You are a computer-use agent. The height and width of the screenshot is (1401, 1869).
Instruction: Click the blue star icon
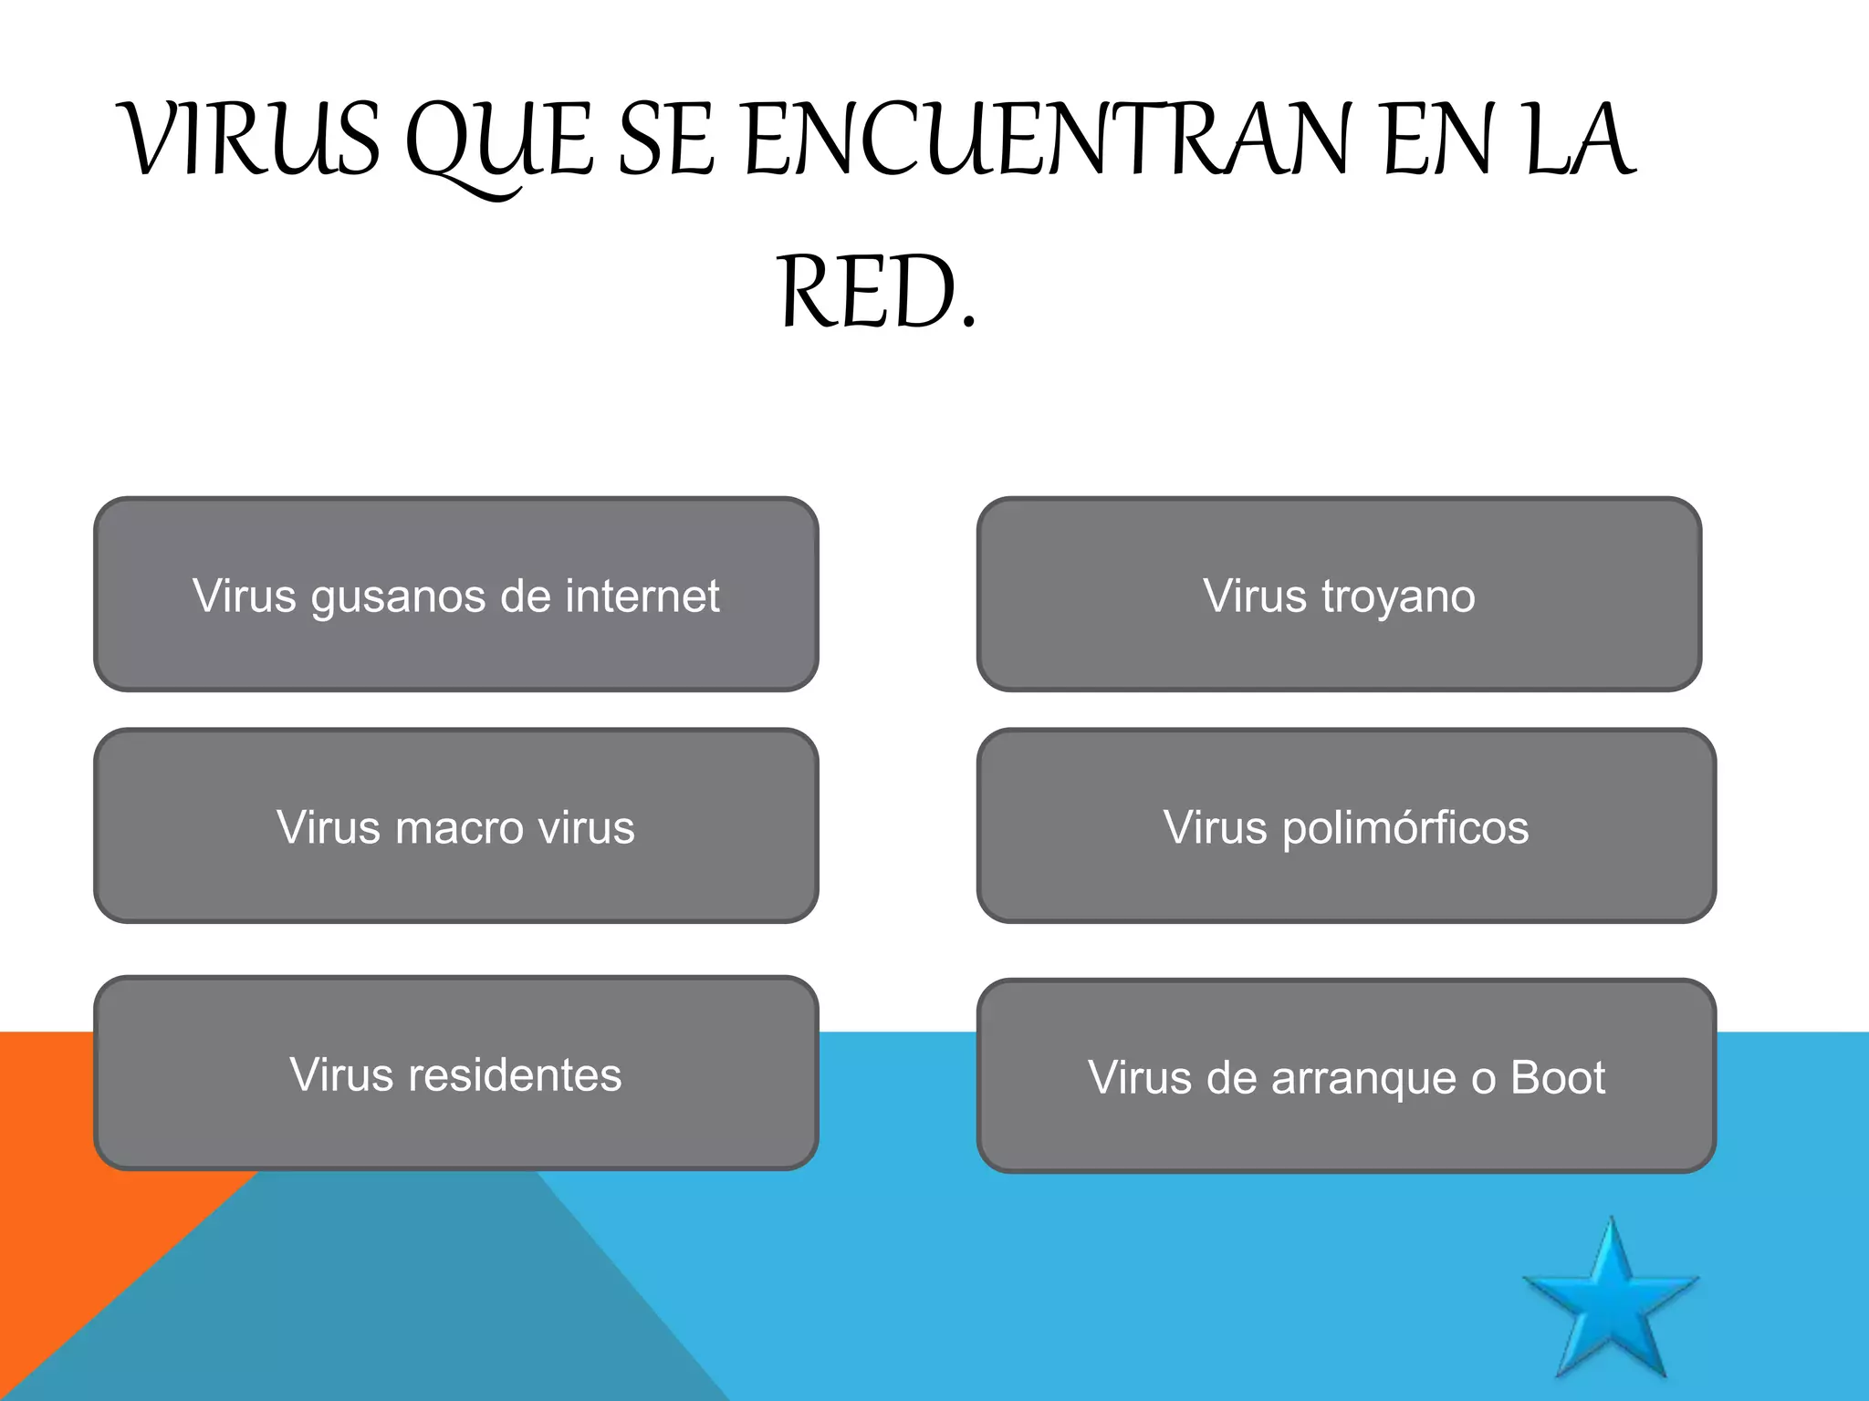(x=1612, y=1305)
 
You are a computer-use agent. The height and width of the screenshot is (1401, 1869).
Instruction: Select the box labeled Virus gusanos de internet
(x=455, y=594)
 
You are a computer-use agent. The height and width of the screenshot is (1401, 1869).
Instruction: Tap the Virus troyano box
(x=1339, y=594)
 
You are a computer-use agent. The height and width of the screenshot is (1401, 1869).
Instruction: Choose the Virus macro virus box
(x=455, y=825)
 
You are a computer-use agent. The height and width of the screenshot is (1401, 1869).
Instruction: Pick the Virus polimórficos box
(x=1346, y=825)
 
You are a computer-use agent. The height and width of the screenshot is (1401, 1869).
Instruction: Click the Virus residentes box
(x=455, y=1073)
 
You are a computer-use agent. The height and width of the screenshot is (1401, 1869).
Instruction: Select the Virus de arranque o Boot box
(x=1346, y=1075)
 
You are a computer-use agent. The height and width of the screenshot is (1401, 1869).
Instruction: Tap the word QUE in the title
(x=497, y=141)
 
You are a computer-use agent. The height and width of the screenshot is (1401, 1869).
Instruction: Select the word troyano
(x=1398, y=597)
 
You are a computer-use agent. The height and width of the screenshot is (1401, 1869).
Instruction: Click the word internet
(x=642, y=596)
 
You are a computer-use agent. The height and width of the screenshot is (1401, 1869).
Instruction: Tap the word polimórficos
(x=1405, y=828)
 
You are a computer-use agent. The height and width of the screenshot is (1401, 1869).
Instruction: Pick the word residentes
(x=515, y=1074)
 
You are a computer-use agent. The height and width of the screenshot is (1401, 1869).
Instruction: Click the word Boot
(x=1558, y=1077)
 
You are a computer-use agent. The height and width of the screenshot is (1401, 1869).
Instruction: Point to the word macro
(x=461, y=828)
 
